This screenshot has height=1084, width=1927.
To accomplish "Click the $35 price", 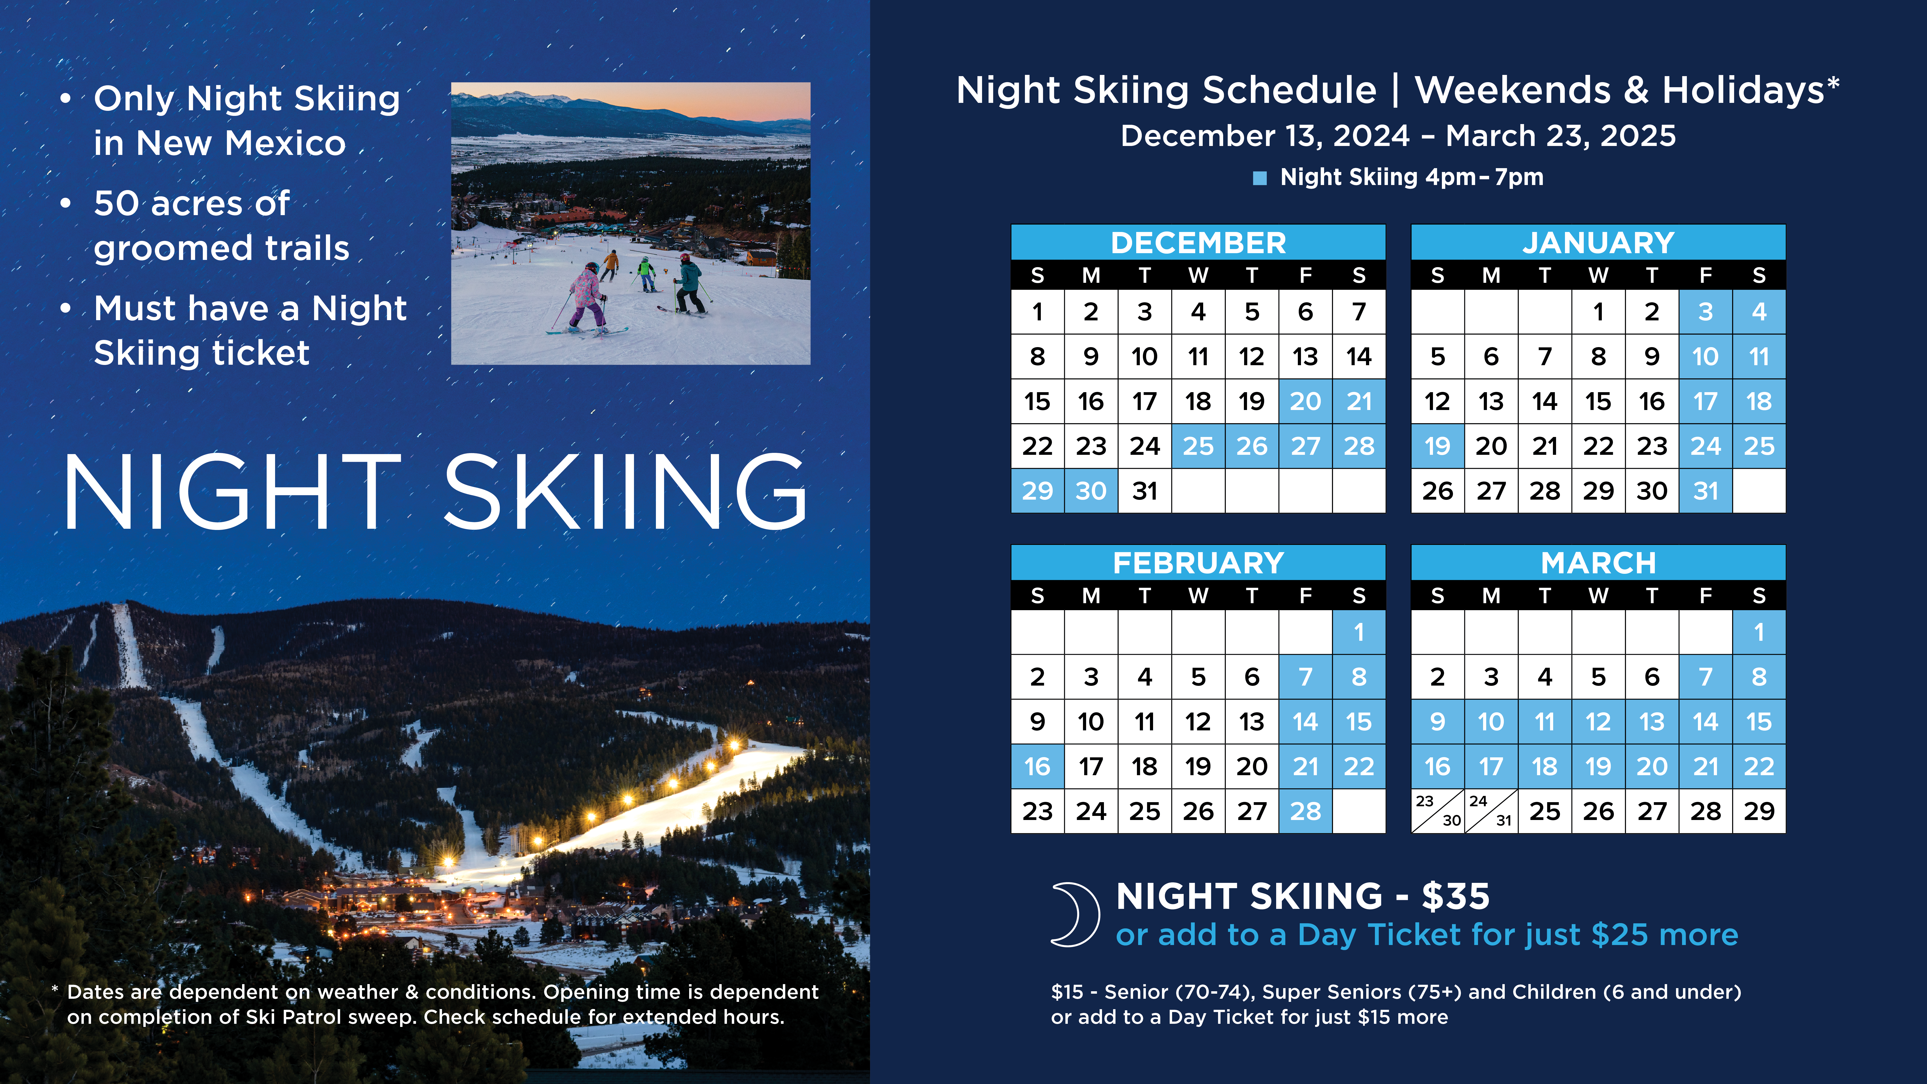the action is [1455, 896].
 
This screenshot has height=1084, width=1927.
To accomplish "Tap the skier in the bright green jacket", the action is [645, 273].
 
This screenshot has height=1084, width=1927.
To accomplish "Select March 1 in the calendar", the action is [1759, 632].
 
